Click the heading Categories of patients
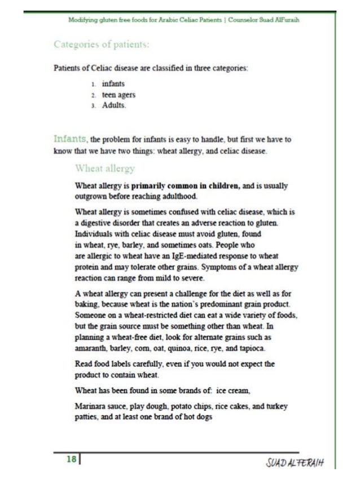click(x=102, y=45)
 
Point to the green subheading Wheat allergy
click(x=105, y=168)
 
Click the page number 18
click(x=71, y=460)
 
